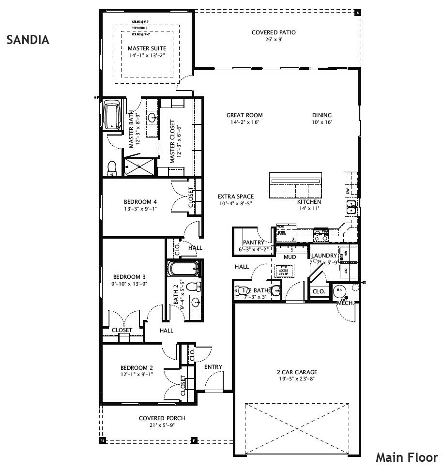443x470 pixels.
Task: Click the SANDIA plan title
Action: click(x=28, y=40)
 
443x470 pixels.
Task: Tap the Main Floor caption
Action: click(x=407, y=457)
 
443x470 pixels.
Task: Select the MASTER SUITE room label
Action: click(x=147, y=48)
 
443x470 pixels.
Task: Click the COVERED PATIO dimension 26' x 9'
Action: click(x=274, y=40)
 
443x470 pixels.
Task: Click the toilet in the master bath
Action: click(x=111, y=167)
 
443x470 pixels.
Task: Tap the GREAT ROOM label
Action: click(x=244, y=115)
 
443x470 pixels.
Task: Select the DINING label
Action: click(x=322, y=115)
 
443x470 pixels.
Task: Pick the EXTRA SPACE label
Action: click(x=236, y=197)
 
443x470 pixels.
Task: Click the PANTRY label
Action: click(x=253, y=243)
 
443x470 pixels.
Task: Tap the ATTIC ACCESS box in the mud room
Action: click(x=283, y=271)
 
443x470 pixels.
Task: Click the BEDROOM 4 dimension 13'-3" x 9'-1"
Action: click(x=140, y=209)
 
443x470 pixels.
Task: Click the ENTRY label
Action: click(x=213, y=367)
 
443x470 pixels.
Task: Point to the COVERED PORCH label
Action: click(x=162, y=418)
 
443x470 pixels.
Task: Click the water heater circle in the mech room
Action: click(x=339, y=291)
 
